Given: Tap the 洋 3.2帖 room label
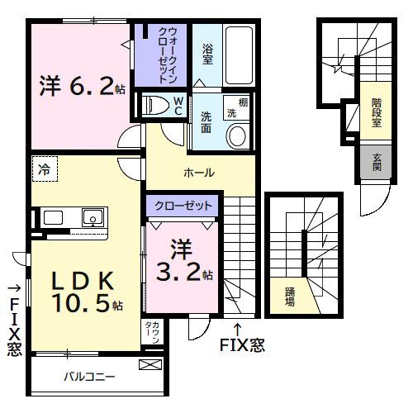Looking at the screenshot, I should pos(183,262).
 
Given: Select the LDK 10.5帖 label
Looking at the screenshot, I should pos(83,291).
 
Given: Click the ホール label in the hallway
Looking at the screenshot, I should pos(199,173).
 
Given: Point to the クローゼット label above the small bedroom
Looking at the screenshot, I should pos(184,205).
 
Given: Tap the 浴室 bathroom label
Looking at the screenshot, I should pos(208,52).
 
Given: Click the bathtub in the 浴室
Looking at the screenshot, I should pos(240,53).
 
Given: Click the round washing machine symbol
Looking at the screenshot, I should pos(237,137).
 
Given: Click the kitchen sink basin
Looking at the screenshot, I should pos(91,218).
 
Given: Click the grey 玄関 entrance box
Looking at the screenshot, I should pos(377,162).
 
